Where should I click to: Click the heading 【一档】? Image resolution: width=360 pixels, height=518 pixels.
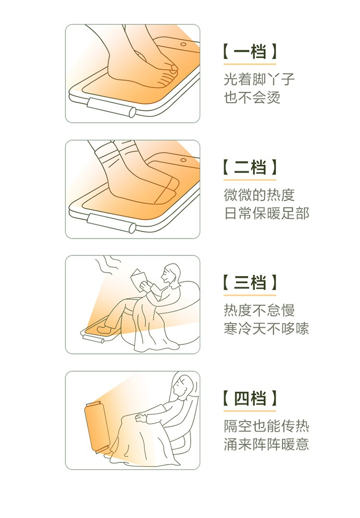click(x=250, y=51)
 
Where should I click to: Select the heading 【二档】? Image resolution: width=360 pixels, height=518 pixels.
click(x=250, y=167)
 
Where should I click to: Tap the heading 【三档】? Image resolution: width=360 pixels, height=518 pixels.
click(x=250, y=283)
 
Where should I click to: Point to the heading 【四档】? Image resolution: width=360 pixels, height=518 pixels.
click(x=250, y=398)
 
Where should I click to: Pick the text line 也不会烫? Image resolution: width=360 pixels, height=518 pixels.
click(x=252, y=97)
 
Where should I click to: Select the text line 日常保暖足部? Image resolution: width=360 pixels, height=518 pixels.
click(x=266, y=213)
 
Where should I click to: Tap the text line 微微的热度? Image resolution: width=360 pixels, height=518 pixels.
click(x=259, y=195)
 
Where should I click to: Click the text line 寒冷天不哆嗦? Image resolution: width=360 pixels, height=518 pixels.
click(x=266, y=329)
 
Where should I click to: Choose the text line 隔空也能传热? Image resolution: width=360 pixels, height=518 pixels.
click(x=266, y=426)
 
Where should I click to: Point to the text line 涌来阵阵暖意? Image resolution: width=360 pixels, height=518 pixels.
click(x=266, y=445)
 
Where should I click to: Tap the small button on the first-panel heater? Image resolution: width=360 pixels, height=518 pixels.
click(x=183, y=44)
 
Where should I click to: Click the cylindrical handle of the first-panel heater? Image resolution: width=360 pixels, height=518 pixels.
click(x=111, y=107)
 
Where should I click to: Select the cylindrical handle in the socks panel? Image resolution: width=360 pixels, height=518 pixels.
click(x=111, y=223)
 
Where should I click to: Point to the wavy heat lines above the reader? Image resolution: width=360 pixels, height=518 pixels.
click(x=108, y=265)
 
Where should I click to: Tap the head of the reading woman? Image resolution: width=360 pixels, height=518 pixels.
click(x=171, y=274)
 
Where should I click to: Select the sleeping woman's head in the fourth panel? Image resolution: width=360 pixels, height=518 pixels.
click(x=184, y=385)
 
